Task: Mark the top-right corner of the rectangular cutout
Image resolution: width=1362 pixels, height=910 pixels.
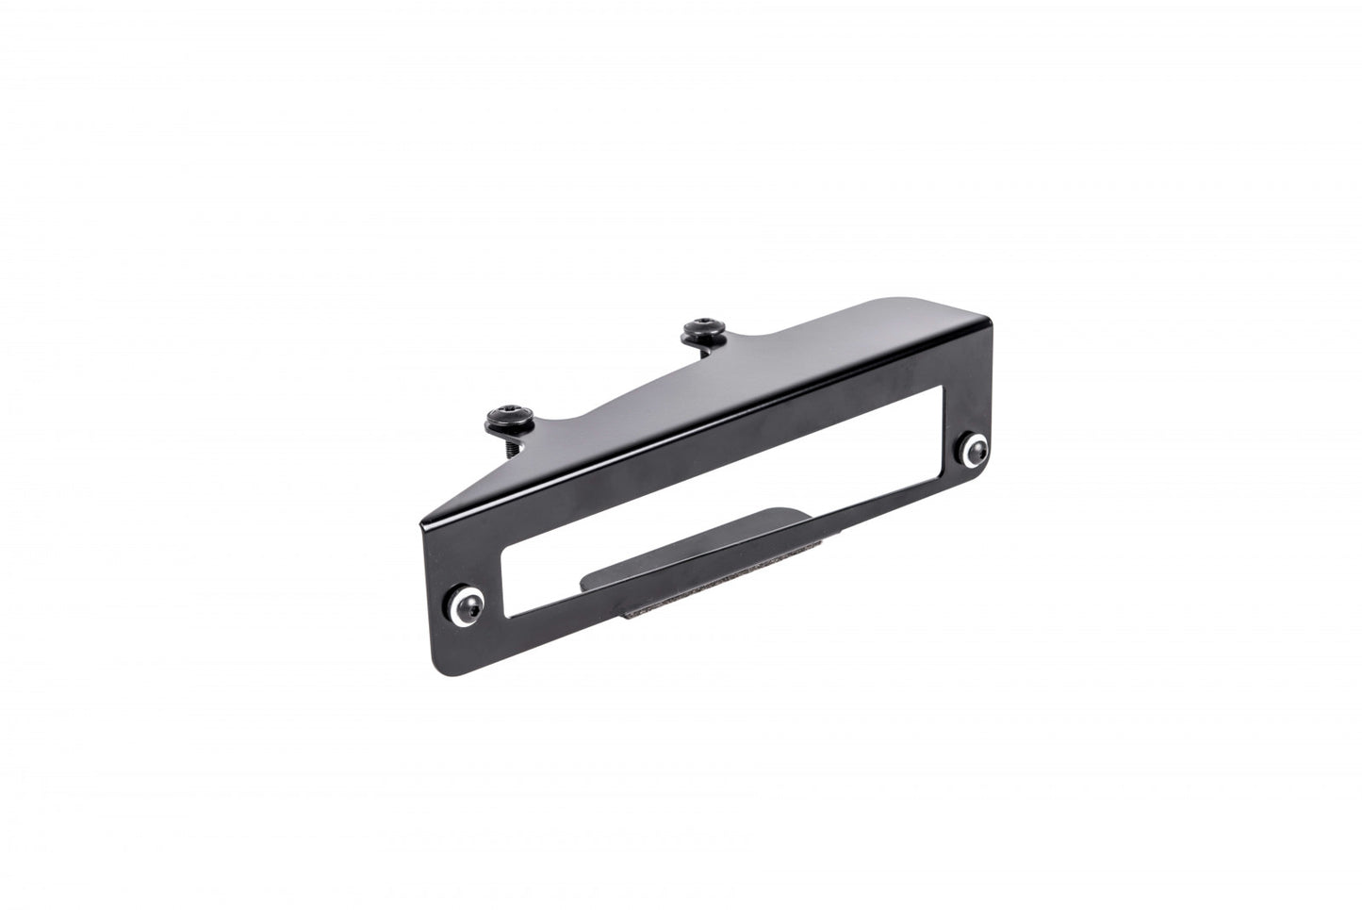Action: coord(940,388)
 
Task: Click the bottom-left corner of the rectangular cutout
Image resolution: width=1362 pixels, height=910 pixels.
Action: coord(510,617)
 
